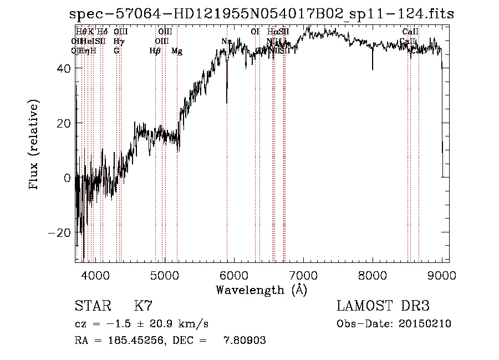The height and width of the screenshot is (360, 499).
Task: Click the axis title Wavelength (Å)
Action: pyautogui.click(x=261, y=290)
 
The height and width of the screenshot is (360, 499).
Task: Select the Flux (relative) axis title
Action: pyautogui.click(x=35, y=145)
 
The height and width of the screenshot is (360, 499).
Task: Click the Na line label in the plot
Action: pyautogui.click(x=226, y=42)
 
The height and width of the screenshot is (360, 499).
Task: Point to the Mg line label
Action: pyautogui.click(x=177, y=51)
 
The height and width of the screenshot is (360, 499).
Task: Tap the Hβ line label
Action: pyautogui.click(x=155, y=51)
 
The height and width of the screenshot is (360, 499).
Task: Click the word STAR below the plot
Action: pyautogui.click(x=92, y=306)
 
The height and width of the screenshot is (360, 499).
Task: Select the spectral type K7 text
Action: pyautogui.click(x=143, y=306)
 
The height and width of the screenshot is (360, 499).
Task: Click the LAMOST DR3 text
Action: pyautogui.click(x=383, y=306)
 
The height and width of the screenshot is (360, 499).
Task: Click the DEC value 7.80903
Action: pyautogui.click(x=245, y=341)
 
